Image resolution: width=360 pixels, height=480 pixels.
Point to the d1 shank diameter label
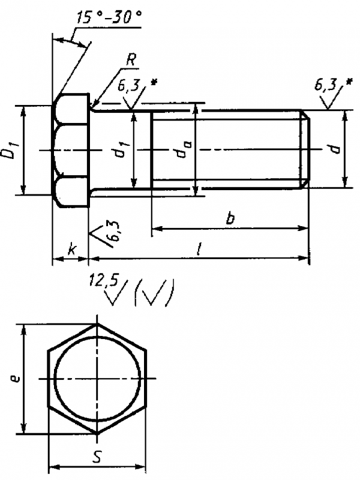(121, 150)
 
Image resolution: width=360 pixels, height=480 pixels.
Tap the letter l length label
(199, 248)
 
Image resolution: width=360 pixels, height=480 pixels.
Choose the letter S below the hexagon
(97, 457)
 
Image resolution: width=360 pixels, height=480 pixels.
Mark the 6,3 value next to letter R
(128, 86)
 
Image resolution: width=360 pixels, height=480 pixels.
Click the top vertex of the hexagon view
(97, 325)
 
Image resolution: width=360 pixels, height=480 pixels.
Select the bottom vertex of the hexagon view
(97, 433)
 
